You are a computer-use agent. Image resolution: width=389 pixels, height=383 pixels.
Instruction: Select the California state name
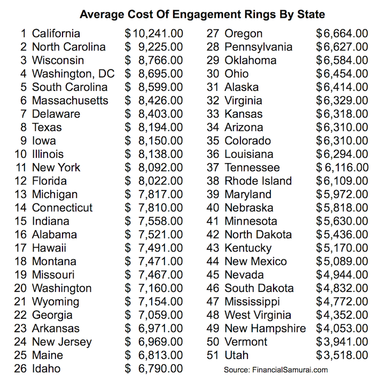(x=56, y=34)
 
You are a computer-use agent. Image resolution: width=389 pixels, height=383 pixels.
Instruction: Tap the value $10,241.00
(x=154, y=34)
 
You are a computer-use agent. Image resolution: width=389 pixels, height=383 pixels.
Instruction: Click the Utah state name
(x=237, y=355)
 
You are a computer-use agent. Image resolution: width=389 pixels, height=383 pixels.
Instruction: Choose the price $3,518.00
(x=342, y=355)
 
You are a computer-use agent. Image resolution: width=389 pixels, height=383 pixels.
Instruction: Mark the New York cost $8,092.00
(x=154, y=167)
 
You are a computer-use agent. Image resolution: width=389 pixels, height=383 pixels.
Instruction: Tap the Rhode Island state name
(x=258, y=181)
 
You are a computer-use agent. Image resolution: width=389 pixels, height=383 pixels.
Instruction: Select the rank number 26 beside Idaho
(x=22, y=369)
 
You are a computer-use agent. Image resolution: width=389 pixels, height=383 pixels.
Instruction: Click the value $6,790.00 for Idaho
(x=154, y=369)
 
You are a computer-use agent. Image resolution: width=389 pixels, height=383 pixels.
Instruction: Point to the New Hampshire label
(x=265, y=328)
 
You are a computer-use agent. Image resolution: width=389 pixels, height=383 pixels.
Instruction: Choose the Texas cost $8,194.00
(x=154, y=127)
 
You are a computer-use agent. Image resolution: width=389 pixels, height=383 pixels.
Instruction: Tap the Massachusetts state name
(x=70, y=101)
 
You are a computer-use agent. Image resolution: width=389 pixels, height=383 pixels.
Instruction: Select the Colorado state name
(x=248, y=141)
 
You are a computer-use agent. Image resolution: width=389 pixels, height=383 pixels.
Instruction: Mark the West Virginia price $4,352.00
(x=342, y=315)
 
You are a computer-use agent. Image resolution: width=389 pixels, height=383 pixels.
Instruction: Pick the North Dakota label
(x=258, y=235)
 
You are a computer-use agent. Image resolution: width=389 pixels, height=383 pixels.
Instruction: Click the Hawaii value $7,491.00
(x=154, y=248)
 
